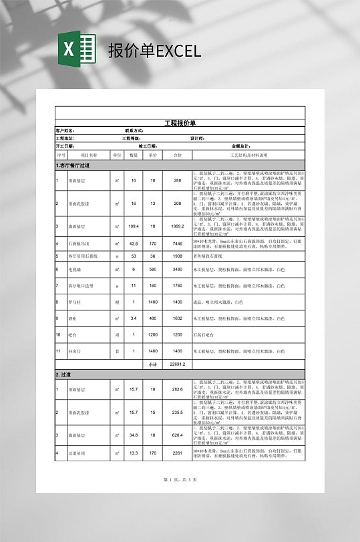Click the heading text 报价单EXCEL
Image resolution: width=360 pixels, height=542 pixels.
click(154, 51)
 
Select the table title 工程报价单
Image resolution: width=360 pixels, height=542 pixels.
click(180, 123)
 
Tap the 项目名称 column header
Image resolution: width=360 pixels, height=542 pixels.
click(89, 155)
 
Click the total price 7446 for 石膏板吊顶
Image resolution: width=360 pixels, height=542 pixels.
click(177, 244)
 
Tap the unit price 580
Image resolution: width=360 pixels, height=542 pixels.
click(153, 269)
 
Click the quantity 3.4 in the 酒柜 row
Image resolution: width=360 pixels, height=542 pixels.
click(134, 318)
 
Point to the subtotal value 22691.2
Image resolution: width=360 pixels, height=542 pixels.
click(177, 364)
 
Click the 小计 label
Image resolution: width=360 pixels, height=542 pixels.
click(153, 364)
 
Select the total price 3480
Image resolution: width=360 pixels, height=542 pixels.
click(177, 269)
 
